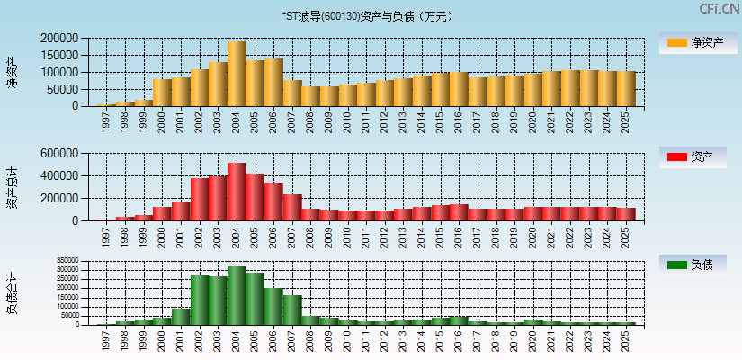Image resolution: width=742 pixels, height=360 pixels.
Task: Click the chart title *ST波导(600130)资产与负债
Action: [x=370, y=16]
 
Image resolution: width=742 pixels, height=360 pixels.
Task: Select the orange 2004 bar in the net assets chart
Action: [x=237, y=74]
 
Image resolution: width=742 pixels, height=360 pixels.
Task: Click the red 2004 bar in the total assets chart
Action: [x=237, y=192]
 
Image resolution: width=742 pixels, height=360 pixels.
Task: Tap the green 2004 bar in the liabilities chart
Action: [x=237, y=295]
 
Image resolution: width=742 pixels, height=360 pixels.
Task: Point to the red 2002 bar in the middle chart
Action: [x=200, y=199]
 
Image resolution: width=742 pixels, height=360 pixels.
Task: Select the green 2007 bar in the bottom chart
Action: [x=292, y=310]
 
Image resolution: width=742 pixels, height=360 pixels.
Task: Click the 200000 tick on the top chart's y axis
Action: [x=59, y=39]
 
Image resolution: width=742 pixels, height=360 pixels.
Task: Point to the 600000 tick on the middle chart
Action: [x=59, y=154]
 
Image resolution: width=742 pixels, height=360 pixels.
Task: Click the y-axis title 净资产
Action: [x=12, y=72]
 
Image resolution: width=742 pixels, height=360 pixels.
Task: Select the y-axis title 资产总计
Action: [x=12, y=187]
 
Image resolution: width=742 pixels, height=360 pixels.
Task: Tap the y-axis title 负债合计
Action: [x=12, y=292]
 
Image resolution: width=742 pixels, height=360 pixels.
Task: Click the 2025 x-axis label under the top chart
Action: [x=626, y=120]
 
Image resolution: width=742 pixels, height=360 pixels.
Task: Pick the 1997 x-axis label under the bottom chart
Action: [x=106, y=339]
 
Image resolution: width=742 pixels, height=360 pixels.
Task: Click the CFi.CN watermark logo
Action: [x=720, y=9]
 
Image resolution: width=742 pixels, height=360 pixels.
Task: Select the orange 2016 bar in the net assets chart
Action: [x=459, y=89]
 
